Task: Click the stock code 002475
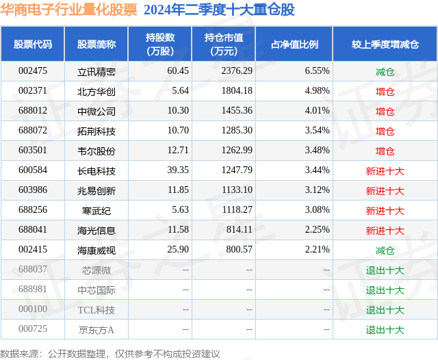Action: tap(33, 71)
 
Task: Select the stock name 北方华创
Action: tap(96, 91)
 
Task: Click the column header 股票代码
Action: tap(33, 44)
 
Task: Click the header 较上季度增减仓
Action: tap(385, 44)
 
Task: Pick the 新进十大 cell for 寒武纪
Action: tap(385, 211)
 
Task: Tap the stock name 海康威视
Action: tap(96, 250)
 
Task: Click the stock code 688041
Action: tap(33, 231)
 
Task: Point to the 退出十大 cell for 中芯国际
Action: tap(385, 290)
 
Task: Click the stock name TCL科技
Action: tap(96, 310)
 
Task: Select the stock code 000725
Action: tap(33, 330)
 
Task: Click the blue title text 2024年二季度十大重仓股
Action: tap(219, 10)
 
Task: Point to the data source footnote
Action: tap(110, 353)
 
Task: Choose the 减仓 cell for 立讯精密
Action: tap(385, 71)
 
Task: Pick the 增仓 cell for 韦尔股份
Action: tap(385, 151)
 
